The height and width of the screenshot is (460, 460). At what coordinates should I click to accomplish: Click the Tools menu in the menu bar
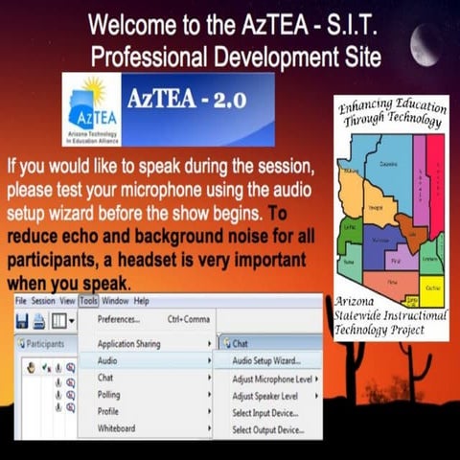(x=89, y=301)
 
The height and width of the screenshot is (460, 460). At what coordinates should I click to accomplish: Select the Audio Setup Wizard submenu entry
(x=265, y=361)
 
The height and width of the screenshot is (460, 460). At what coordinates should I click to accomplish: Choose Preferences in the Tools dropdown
(x=120, y=319)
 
